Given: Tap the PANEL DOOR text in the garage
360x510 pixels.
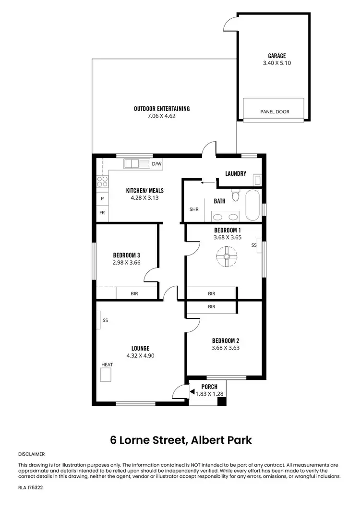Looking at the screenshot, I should click(x=275, y=112).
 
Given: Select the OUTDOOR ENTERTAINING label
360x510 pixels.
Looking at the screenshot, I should click(x=161, y=109).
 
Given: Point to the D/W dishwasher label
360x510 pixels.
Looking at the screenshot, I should click(x=156, y=164).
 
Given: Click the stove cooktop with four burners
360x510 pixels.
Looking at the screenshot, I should click(x=102, y=181).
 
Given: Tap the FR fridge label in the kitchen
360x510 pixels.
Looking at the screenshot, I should click(x=102, y=213).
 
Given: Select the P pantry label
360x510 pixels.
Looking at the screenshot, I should click(x=102, y=198).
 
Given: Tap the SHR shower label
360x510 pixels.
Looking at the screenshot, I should click(x=194, y=209).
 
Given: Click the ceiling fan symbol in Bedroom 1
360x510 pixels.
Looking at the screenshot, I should click(x=225, y=256).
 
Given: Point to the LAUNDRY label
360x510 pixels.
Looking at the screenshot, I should click(x=236, y=174).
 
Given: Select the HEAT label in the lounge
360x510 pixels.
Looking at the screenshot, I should click(x=107, y=365).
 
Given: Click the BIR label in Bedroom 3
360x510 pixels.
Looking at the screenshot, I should click(x=134, y=293).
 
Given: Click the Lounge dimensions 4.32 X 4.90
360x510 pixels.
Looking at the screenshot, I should click(x=140, y=356).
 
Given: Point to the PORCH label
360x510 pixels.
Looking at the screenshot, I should click(x=209, y=387).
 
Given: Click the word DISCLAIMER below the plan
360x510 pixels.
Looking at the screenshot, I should click(x=31, y=453).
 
